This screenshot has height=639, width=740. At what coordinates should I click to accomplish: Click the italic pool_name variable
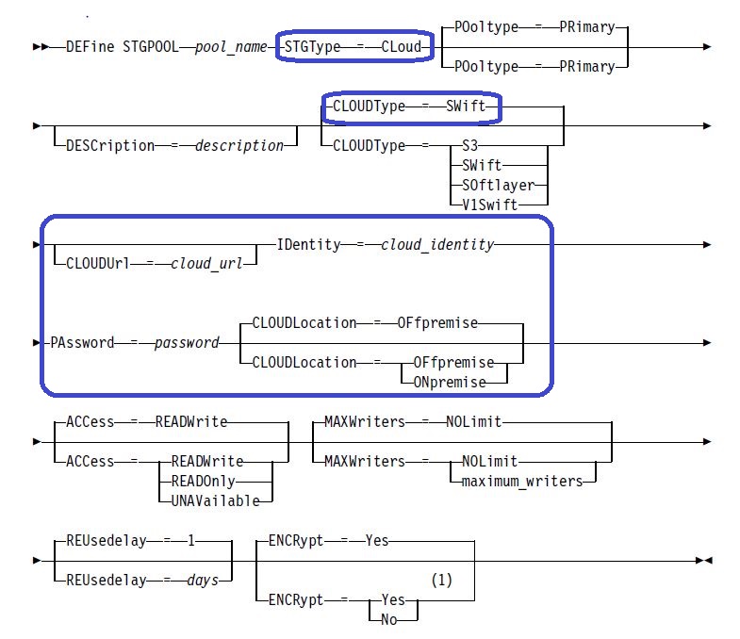(231, 47)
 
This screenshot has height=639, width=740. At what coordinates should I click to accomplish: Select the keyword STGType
(312, 47)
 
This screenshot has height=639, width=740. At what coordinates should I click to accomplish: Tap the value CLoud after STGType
(402, 47)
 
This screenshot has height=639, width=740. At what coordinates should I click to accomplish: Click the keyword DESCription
(110, 145)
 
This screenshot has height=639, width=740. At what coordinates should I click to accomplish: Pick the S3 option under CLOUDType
(470, 145)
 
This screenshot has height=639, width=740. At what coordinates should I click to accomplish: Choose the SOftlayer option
(499, 185)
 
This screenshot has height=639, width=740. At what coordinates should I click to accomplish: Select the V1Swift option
(490, 205)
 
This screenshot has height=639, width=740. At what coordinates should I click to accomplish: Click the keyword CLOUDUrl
(98, 263)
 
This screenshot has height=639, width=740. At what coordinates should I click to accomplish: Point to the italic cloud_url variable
(206, 263)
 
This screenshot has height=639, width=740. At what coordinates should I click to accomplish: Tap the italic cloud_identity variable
(437, 244)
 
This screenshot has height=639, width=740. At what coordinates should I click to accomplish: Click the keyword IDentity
(308, 244)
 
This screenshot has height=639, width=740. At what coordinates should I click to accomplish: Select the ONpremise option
(450, 382)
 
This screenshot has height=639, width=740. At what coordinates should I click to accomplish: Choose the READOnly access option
(203, 481)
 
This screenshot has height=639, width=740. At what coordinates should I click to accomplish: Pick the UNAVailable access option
(215, 500)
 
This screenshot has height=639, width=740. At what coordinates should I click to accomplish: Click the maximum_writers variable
(522, 481)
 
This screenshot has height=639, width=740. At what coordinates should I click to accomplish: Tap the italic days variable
(203, 580)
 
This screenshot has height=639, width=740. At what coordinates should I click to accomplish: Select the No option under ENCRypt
(389, 619)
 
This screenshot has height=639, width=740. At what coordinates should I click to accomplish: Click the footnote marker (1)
(442, 580)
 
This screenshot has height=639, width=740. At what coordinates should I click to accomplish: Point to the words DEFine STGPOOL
(123, 47)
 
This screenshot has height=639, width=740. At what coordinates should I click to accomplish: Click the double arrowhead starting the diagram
(41, 47)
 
